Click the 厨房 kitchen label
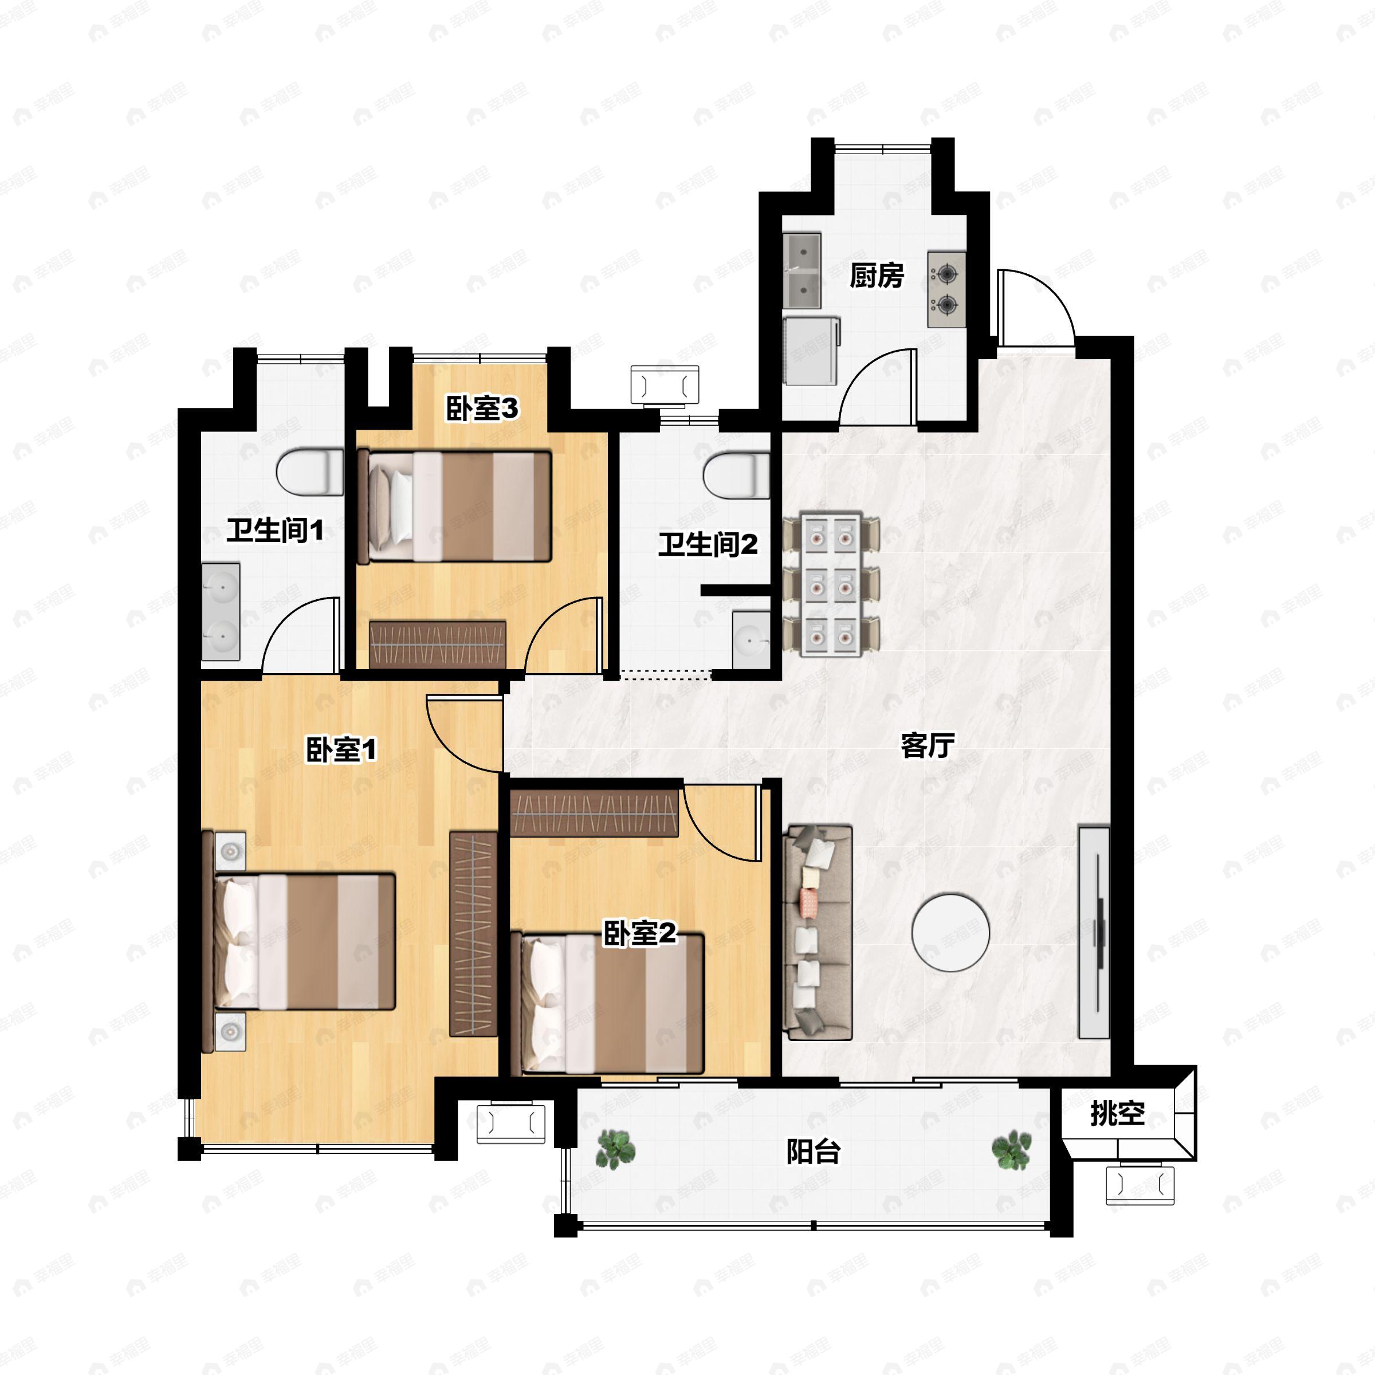point(877,276)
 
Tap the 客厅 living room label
point(928,746)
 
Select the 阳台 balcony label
point(814,1151)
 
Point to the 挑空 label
point(1117,1113)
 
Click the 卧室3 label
point(482,408)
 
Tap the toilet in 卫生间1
point(309,472)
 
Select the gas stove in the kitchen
point(946,290)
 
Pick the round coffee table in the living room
point(951,932)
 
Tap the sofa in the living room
point(818,932)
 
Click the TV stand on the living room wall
point(1094,932)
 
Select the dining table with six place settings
point(831,584)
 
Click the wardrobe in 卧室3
point(438,644)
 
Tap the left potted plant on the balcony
point(616,1149)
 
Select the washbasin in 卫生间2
point(751,639)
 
